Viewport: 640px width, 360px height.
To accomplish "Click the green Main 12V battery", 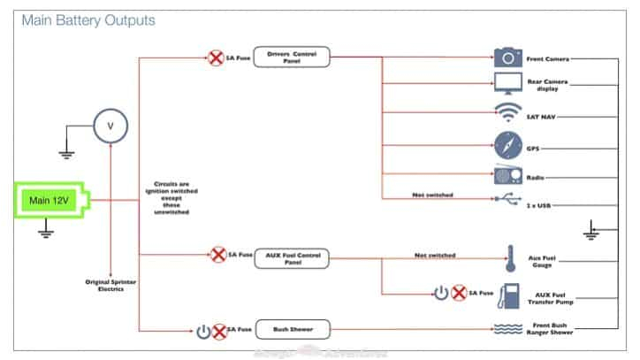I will pyautogui.click(x=50, y=201).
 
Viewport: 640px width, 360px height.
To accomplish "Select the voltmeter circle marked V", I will pyautogui.click(x=110, y=126).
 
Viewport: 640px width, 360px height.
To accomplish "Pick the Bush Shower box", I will pyautogui.click(x=291, y=329).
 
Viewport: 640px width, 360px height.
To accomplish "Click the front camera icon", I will pyautogui.click(x=508, y=57).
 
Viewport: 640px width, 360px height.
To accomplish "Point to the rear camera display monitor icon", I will pyautogui.click(x=508, y=85).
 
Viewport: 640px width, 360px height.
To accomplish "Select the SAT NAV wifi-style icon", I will pyautogui.click(x=508, y=113).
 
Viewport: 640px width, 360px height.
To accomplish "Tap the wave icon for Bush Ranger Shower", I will pyautogui.click(x=508, y=329).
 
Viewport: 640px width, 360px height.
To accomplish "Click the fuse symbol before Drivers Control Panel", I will pyautogui.click(x=216, y=58).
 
